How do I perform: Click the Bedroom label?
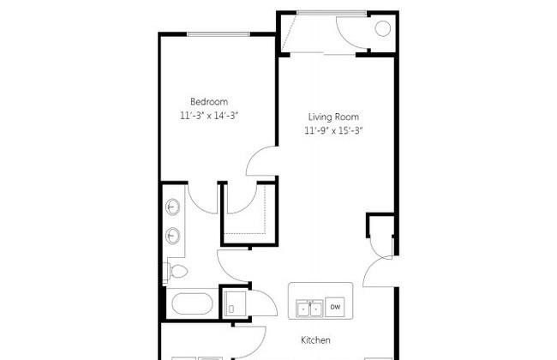(x=209, y=102)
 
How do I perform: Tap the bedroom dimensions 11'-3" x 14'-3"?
(x=209, y=116)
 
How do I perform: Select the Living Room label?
(x=333, y=117)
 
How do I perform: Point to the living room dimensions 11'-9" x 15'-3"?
(x=333, y=131)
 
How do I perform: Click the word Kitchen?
(x=315, y=340)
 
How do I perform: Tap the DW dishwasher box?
(x=335, y=307)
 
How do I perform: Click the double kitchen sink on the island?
(x=309, y=309)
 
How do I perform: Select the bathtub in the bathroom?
(x=192, y=303)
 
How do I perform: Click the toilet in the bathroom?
(x=176, y=272)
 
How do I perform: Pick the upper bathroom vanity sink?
(x=172, y=207)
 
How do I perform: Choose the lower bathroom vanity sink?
(x=172, y=235)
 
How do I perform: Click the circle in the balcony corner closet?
(x=382, y=28)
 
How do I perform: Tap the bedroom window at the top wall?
(x=219, y=34)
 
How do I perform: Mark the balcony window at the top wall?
(x=332, y=13)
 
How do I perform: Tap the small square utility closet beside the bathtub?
(x=234, y=303)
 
